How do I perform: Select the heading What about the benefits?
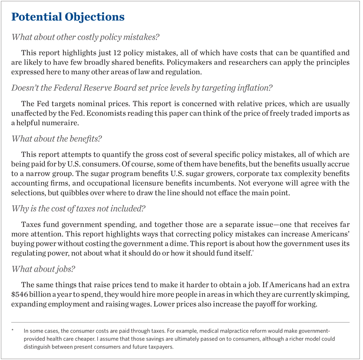tap(57, 139)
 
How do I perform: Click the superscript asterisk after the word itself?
tap(252, 251)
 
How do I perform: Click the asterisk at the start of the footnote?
tap(14, 329)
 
